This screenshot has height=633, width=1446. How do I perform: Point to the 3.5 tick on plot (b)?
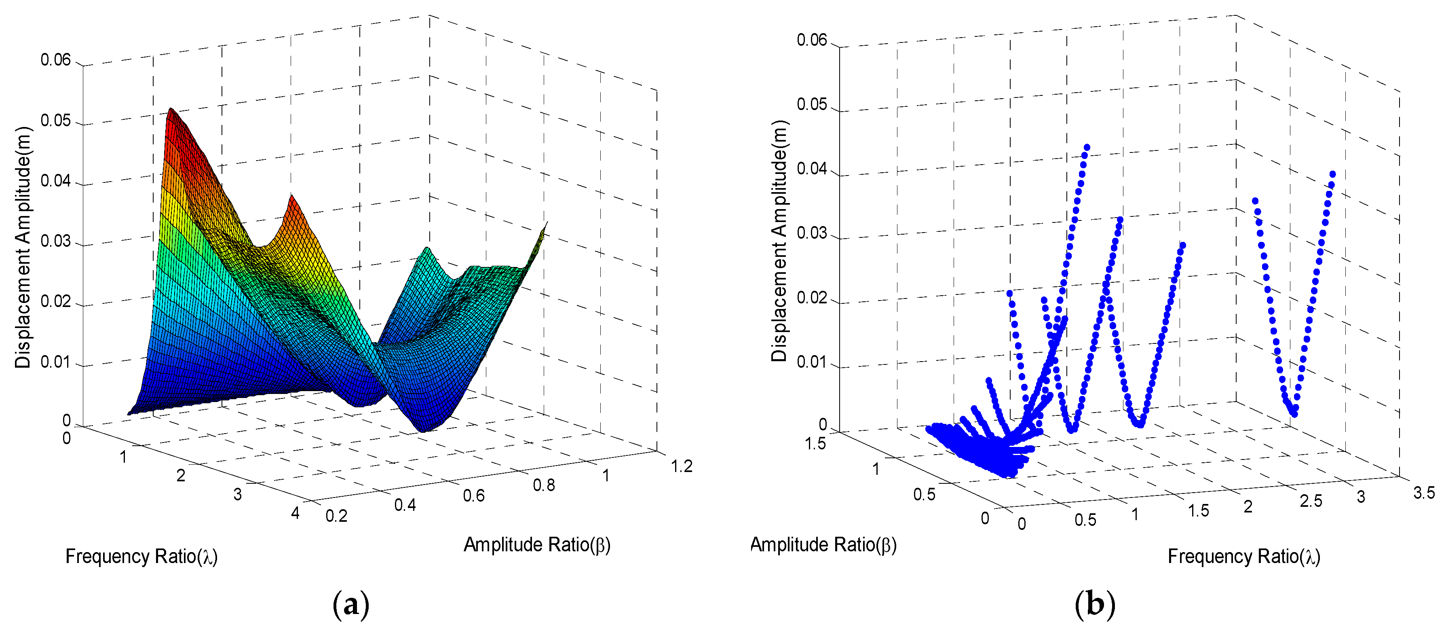1423,493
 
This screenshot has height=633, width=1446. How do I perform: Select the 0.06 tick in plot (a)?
55,60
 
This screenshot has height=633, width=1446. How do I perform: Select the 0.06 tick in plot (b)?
812,40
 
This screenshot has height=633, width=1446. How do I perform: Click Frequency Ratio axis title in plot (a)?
141,557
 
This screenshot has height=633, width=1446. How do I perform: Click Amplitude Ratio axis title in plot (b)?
823,544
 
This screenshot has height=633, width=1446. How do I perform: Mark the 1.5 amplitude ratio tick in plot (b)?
815,444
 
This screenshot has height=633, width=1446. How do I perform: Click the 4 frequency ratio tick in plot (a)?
295,513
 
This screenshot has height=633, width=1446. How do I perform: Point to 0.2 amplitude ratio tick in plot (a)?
336,516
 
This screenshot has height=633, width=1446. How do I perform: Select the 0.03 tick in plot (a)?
55,241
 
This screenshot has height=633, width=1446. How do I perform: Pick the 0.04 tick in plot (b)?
812,169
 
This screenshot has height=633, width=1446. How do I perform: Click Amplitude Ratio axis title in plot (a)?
536,545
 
